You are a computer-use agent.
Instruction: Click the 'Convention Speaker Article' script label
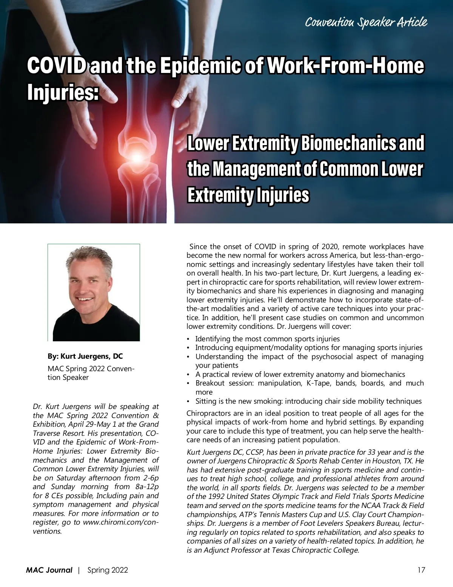click(366, 22)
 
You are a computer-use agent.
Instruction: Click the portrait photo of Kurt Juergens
click(94, 293)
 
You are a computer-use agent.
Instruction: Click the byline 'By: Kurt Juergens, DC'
click(85, 356)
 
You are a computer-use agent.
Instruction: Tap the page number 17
click(421, 570)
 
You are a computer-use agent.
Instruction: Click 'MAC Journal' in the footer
click(49, 570)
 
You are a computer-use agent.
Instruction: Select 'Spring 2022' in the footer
click(108, 570)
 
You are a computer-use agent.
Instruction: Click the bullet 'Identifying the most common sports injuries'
click(267, 339)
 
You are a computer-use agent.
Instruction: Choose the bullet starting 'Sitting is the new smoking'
click(308, 401)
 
